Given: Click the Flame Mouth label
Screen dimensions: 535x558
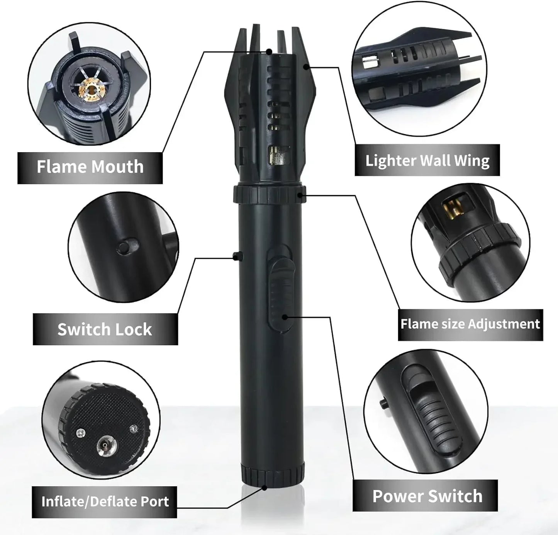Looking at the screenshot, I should pos(90,167).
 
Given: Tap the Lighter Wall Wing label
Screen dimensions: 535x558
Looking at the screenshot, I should pos(427,160).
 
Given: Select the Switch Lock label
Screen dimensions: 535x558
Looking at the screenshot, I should pos(105,329).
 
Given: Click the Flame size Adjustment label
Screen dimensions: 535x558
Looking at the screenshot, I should pos(470,324).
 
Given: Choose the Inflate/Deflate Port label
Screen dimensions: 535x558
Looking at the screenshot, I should pos(105,501).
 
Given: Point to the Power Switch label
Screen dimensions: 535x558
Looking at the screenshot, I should pos(427,496).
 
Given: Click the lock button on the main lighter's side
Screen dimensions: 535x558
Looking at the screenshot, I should pos(239,256).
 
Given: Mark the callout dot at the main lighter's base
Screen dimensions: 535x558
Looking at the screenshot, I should pos(265,487).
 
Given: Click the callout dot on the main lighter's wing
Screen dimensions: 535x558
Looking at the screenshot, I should pos(306,67).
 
